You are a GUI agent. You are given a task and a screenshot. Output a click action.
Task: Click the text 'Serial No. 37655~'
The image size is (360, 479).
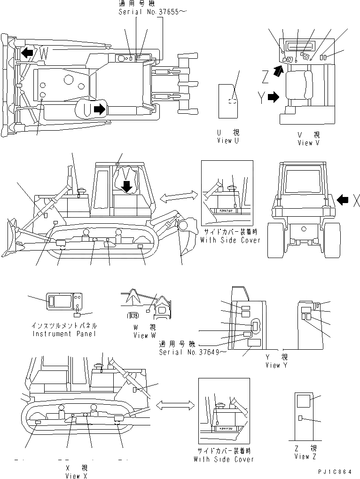[x=146, y=12]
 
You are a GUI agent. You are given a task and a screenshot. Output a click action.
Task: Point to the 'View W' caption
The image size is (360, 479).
[x=147, y=335]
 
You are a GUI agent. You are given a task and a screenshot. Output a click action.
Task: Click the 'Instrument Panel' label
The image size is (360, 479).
[x=64, y=334]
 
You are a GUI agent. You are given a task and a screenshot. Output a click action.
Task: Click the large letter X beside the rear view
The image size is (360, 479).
[x=356, y=201]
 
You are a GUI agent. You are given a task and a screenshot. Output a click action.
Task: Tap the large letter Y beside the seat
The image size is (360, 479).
[x=261, y=98]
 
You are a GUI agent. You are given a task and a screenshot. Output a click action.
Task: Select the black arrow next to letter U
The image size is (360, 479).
[x=99, y=110]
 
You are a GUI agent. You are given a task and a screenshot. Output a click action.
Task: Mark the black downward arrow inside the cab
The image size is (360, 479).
[x=126, y=187]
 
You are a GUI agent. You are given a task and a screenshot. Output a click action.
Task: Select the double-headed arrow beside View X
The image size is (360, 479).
[x=175, y=404]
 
